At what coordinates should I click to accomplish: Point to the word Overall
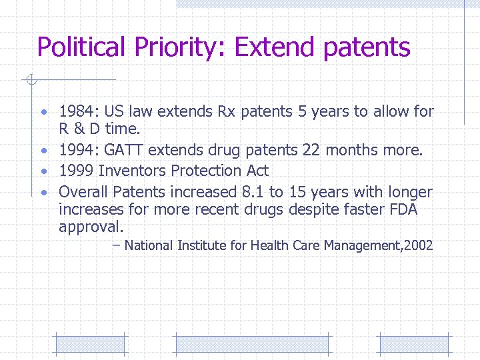(83, 192)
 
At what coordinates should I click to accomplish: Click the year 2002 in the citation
(418, 245)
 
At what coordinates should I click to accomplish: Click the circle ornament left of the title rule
(29, 81)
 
